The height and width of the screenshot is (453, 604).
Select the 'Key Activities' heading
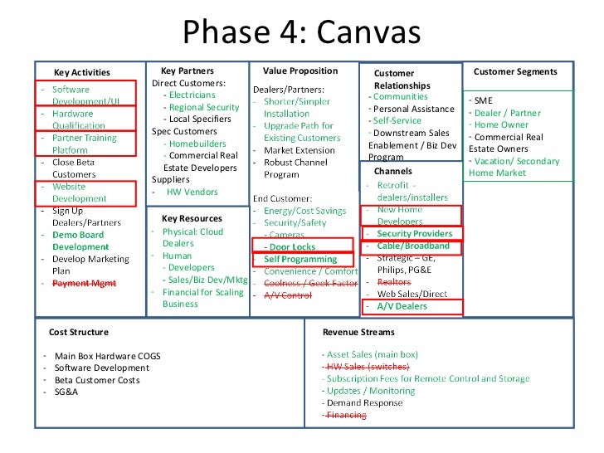(x=82, y=72)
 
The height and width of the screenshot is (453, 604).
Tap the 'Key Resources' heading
(x=192, y=218)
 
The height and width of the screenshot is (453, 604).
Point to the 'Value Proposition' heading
(x=300, y=71)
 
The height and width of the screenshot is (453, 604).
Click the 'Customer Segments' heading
(x=515, y=72)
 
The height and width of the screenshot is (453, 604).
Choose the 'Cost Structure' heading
(x=79, y=332)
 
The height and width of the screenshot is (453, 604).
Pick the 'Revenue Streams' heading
(x=353, y=332)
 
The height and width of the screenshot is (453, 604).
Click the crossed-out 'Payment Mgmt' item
(x=85, y=283)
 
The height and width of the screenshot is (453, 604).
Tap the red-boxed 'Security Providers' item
(x=414, y=234)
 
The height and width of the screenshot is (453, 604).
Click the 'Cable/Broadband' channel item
(x=412, y=246)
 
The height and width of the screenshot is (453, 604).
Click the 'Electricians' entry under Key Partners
(x=192, y=95)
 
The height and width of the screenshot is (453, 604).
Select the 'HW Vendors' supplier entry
(x=192, y=192)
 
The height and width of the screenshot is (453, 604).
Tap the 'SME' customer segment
(x=483, y=100)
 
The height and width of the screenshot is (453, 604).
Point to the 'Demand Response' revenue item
(x=363, y=402)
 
